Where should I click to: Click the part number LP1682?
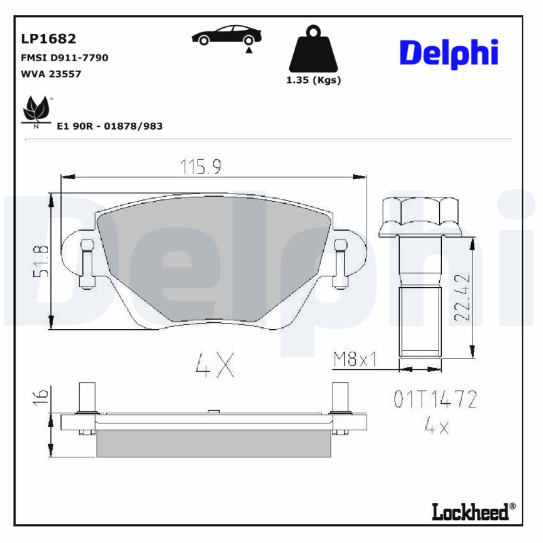click(x=49, y=39)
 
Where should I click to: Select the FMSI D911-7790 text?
click(x=65, y=58)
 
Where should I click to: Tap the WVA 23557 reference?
click(x=52, y=74)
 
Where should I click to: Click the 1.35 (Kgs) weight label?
click(x=313, y=80)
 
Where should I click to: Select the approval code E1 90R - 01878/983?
click(x=109, y=126)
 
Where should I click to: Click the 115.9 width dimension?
click(x=201, y=166)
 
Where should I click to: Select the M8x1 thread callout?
click(x=354, y=359)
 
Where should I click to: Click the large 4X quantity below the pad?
click(x=214, y=366)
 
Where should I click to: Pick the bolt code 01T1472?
click(x=435, y=399)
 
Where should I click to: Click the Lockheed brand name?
click(x=470, y=511)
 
